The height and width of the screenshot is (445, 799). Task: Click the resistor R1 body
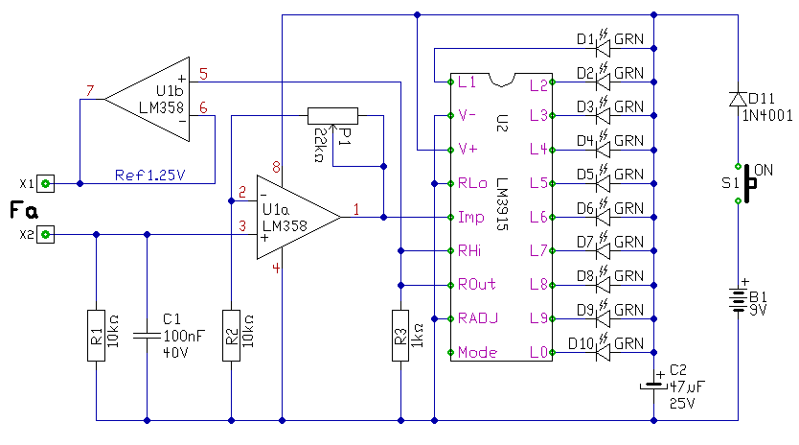click(97, 336)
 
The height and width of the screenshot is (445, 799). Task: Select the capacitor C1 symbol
click(148, 336)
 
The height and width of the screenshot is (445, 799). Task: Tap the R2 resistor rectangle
click(231, 336)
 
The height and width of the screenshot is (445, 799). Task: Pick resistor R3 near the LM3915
click(400, 336)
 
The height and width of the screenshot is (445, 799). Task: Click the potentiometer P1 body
click(332, 116)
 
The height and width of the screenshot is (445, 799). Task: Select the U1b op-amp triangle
click(148, 99)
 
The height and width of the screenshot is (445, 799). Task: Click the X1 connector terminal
click(45, 183)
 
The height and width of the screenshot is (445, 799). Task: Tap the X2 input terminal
click(45, 234)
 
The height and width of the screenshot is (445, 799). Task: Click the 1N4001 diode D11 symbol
click(738, 99)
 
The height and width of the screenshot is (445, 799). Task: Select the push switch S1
click(745, 184)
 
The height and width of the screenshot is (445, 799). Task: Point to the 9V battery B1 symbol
click(738, 300)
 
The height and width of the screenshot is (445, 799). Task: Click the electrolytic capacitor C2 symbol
click(653, 386)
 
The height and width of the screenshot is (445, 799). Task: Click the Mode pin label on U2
click(477, 352)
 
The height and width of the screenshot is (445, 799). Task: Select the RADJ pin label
click(477, 318)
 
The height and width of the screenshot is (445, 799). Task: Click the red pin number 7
click(90, 91)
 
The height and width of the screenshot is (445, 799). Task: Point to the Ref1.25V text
click(149, 176)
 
